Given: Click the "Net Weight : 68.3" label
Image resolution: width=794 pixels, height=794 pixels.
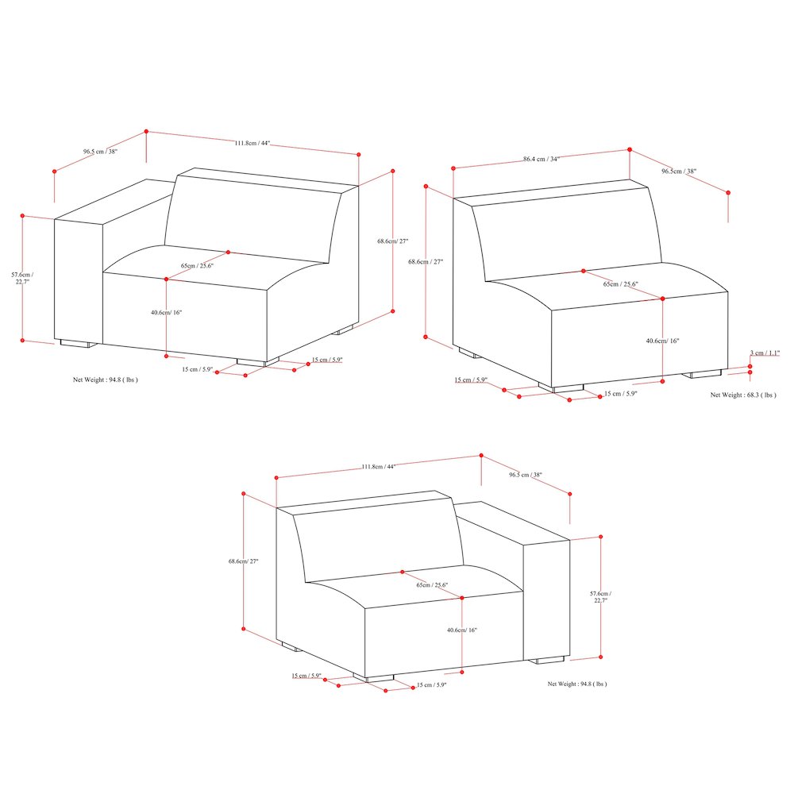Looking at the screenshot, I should coord(743,395).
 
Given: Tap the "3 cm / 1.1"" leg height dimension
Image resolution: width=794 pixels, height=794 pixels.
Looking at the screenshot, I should coord(765,353).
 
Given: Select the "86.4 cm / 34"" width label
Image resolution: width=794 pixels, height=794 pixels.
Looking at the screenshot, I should coord(542,159).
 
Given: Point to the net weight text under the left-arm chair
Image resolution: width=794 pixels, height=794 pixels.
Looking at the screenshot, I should coord(106,380).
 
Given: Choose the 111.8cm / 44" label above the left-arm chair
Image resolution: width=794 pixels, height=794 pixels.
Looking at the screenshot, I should coord(252,143).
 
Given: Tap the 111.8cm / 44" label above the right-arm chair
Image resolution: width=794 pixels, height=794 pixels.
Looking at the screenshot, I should coord(378,467).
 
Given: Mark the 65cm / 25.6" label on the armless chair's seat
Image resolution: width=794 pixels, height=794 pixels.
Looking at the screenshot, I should coord(620,284).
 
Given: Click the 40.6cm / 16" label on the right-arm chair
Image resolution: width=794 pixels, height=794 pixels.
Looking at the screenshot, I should coord(462,630).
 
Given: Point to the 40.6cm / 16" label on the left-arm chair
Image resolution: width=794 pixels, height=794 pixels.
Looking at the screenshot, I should coord(167,313).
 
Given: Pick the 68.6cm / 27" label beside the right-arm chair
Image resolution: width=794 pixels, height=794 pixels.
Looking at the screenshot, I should coord(244,561).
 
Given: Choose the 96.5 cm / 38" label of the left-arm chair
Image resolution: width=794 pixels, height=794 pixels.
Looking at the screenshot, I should coord(100,151).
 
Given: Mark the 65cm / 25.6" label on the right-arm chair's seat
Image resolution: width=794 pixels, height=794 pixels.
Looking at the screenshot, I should coord(432,585).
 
